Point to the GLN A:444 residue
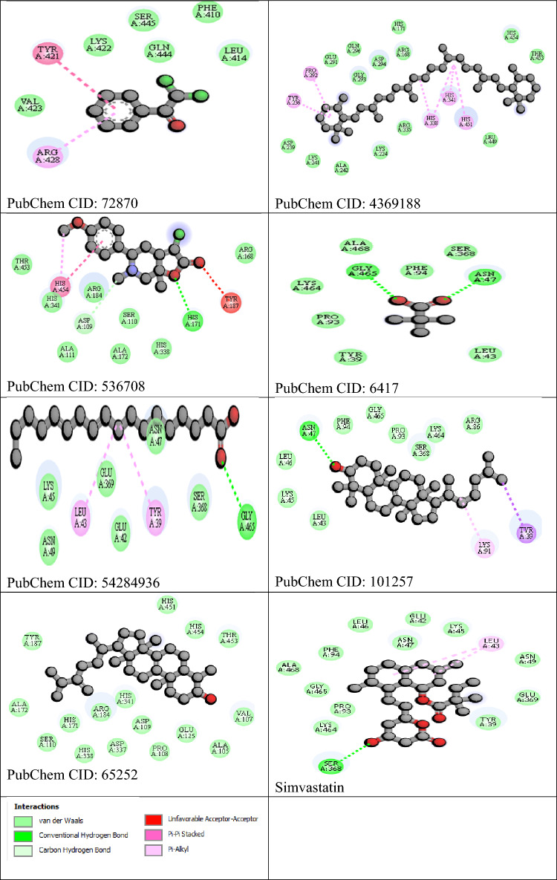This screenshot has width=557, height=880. pos(160,50)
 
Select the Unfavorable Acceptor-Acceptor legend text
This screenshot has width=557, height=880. pos(213,819)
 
